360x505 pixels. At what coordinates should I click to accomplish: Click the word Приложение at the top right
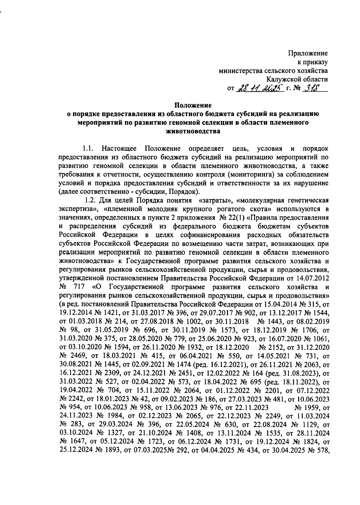tap(308, 54)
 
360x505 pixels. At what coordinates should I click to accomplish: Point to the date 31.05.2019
tap(112, 330)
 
